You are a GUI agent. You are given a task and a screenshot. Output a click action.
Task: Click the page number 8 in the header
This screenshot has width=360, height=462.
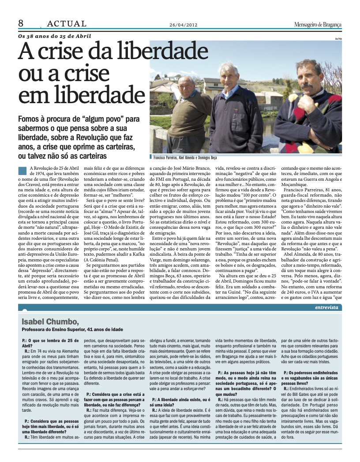(x=21, y=23)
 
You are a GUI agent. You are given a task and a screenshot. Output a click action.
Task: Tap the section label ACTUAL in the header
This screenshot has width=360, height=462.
(x=67, y=24)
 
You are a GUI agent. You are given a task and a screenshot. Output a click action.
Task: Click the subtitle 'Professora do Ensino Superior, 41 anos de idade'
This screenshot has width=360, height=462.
(x=72, y=329)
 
